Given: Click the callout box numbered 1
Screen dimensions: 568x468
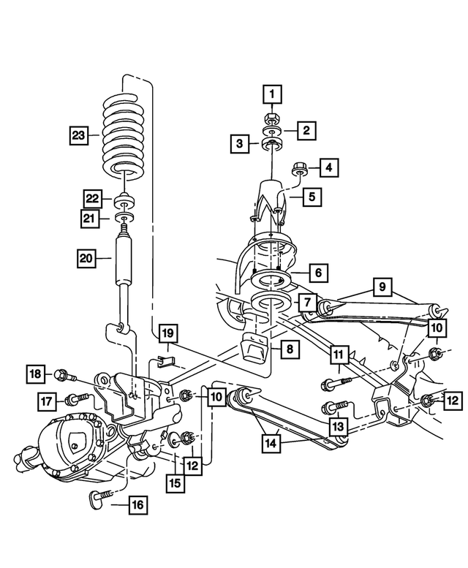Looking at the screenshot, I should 272,94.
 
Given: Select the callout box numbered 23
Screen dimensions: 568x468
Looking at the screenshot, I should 80,135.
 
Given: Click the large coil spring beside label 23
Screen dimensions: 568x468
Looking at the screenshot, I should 124,135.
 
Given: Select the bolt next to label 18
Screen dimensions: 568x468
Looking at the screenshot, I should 63,375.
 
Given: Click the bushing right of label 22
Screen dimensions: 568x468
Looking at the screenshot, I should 124,200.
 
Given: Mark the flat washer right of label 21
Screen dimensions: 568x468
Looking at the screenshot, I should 124,218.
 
